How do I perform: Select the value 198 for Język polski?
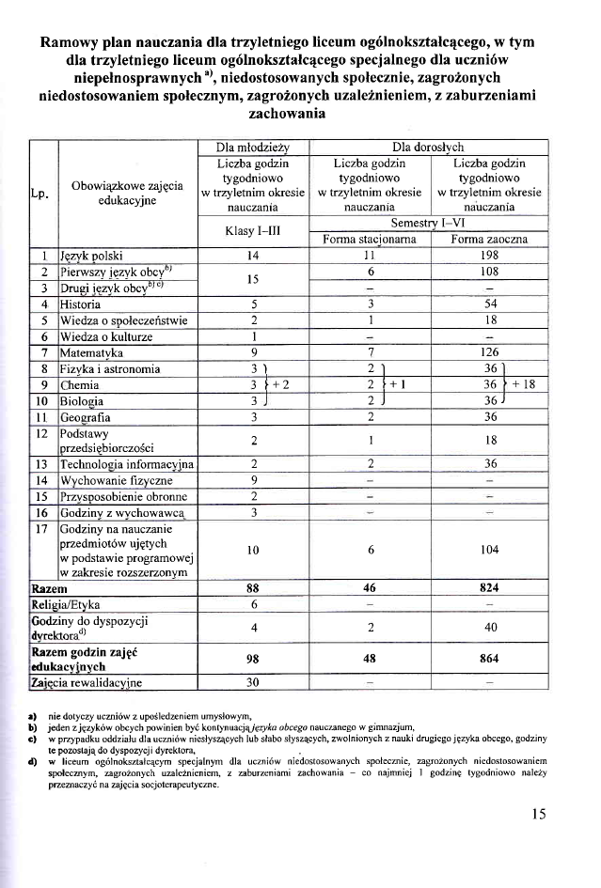tap(489, 255)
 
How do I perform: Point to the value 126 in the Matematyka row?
tap(489, 352)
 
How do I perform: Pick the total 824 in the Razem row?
tap(489, 587)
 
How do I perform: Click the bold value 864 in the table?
tap(489, 658)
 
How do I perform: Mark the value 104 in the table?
tap(489, 549)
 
